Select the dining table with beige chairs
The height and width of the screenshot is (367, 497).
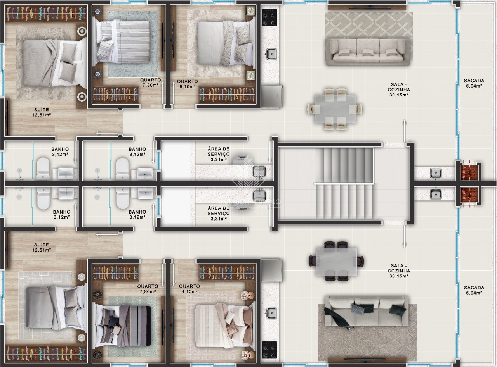coord(335,109)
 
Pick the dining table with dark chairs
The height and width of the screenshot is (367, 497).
coord(336,261)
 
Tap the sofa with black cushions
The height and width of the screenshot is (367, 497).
coord(367,311)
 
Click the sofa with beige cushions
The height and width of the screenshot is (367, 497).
coord(368,51)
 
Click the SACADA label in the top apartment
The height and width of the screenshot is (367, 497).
coord(473,83)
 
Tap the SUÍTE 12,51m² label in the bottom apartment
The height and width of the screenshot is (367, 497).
coord(42,247)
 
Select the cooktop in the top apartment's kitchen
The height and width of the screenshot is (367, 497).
coord(269,17)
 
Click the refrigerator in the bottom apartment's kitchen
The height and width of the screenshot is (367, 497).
coord(271,271)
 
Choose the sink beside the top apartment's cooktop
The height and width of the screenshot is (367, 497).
coord(271,54)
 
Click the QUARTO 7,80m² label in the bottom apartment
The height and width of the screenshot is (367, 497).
coord(148,289)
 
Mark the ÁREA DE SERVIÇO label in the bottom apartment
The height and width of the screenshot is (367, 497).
coord(219,213)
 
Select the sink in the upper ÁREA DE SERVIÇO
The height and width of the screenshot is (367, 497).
coord(259,171)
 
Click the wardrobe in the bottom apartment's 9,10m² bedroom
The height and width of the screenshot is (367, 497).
coord(227,272)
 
